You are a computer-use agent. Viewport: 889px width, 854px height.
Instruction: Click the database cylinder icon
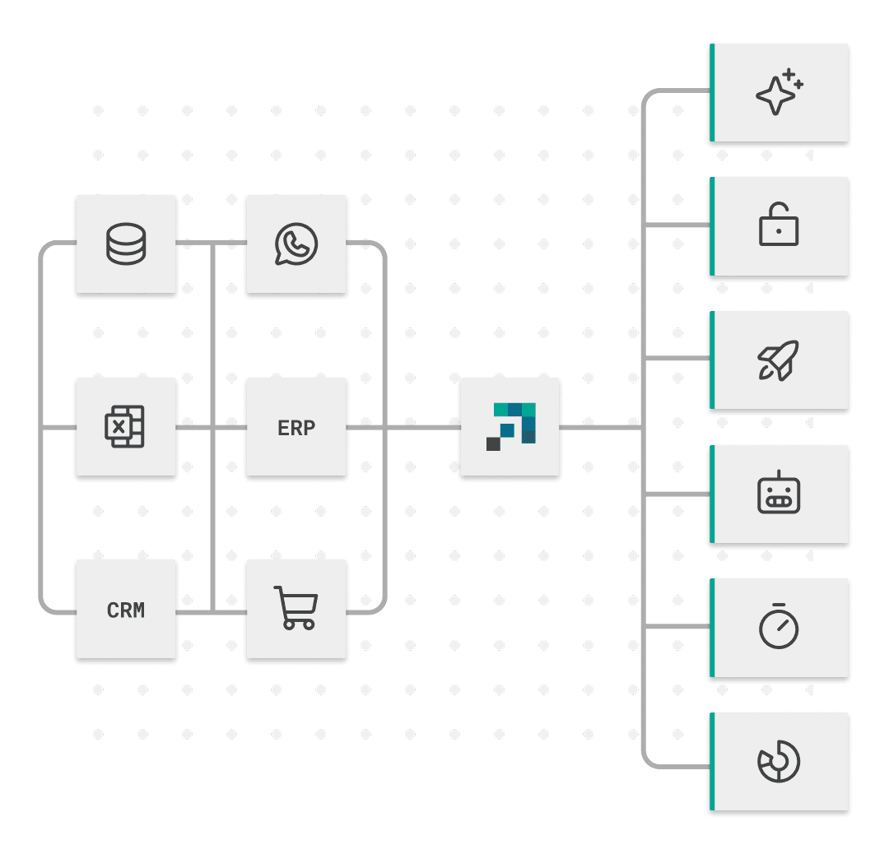(126, 245)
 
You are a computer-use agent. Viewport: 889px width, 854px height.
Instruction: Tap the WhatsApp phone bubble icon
(296, 245)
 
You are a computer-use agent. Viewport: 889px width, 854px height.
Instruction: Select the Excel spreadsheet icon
(125, 427)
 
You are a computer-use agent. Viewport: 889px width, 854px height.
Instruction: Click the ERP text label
(296, 428)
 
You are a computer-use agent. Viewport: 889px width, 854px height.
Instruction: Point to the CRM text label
(126, 610)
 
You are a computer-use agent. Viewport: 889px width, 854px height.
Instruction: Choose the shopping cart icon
(296, 608)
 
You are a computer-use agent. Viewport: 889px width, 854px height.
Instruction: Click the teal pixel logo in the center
(511, 426)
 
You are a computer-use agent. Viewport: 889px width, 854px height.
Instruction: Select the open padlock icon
(779, 225)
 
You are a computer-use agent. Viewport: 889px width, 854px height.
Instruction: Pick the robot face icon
(779, 494)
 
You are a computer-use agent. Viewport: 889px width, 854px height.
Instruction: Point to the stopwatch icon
(779, 627)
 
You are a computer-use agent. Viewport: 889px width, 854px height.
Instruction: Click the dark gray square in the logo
(493, 444)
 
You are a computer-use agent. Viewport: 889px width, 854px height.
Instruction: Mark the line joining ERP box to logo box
(403, 428)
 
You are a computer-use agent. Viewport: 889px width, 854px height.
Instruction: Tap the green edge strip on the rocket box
(712, 360)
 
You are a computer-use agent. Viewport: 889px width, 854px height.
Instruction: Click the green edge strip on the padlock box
(712, 225)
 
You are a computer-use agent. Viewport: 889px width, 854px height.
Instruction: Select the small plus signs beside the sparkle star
(793, 79)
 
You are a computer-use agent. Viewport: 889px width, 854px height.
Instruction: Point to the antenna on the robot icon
(779, 475)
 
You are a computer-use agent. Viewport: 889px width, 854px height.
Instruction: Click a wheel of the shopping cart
(288, 625)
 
